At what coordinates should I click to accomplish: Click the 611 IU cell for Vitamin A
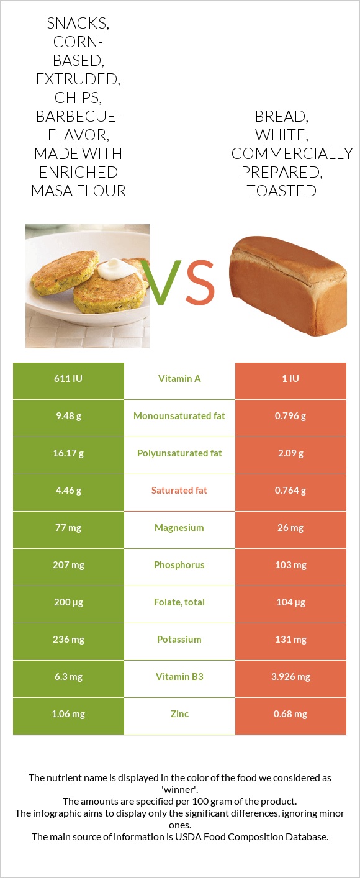pyautogui.click(x=68, y=379)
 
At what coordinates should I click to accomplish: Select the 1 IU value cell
pyautogui.click(x=290, y=379)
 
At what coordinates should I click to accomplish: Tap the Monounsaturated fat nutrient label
pyautogui.click(x=179, y=416)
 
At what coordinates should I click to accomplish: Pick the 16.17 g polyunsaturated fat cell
pyautogui.click(x=68, y=453)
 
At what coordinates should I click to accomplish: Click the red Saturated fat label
pyautogui.click(x=179, y=491)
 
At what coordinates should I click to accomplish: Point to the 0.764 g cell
pyautogui.click(x=290, y=491)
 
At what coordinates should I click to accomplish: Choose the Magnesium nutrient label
pyautogui.click(x=179, y=528)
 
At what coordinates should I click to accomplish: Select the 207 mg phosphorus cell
pyautogui.click(x=68, y=565)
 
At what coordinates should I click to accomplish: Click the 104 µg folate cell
pyautogui.click(x=290, y=602)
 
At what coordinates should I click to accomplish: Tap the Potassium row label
pyautogui.click(x=179, y=640)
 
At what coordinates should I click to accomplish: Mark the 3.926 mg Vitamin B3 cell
pyautogui.click(x=290, y=677)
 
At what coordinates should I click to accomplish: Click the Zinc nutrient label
pyautogui.click(x=179, y=714)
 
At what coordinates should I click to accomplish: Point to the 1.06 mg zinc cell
pyautogui.click(x=68, y=714)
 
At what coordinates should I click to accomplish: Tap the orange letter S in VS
pyautogui.click(x=200, y=281)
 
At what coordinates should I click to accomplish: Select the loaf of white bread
pyautogui.click(x=288, y=286)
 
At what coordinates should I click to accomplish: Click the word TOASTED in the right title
pyautogui.click(x=282, y=191)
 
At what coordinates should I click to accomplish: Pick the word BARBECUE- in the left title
pyautogui.click(x=78, y=116)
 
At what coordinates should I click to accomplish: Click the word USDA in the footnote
pyautogui.click(x=187, y=836)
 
